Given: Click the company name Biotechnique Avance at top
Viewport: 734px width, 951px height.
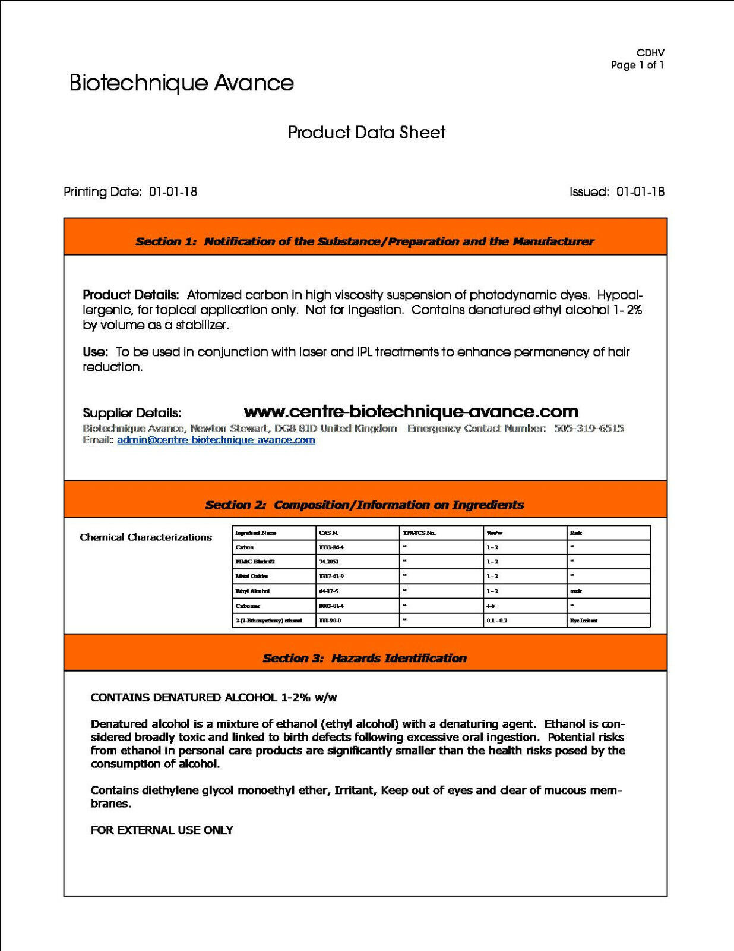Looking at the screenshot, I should [182, 83].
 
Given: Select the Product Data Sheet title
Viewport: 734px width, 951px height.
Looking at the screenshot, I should [366, 133].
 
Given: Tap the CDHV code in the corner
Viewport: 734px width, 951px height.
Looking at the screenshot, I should [650, 53].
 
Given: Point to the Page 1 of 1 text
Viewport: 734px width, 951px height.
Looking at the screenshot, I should [637, 65].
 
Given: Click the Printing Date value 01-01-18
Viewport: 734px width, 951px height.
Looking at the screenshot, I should [173, 192].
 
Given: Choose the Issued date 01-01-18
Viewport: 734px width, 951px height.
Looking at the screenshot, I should [640, 192].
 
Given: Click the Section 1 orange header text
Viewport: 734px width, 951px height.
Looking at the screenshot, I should [365, 241].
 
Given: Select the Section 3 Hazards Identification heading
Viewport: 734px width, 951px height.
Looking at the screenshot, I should [365, 658].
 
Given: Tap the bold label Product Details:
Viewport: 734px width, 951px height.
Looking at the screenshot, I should [131, 295].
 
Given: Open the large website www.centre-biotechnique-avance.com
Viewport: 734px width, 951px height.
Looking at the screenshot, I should [411, 411].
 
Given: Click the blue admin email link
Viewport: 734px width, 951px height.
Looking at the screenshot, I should [216, 440].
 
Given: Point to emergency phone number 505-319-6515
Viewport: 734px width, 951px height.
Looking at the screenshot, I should [589, 428].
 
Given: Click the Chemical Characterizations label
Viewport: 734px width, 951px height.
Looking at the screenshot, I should [145, 537].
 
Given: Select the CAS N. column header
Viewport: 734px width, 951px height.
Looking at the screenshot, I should [329, 533].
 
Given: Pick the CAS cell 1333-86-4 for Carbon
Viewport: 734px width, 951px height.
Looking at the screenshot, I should [331, 547].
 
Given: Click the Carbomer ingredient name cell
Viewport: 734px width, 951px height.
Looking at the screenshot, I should [248, 606].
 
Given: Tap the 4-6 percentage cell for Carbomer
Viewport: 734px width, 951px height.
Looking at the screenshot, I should [491, 606].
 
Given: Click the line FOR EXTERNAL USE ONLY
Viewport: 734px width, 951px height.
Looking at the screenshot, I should [162, 830].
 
